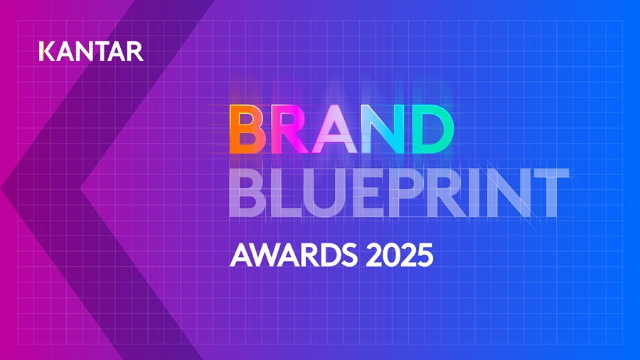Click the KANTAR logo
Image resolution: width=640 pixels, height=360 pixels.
(x=92, y=51)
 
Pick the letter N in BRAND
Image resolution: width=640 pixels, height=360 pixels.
(x=383, y=130)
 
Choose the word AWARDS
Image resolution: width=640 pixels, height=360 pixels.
(x=286, y=255)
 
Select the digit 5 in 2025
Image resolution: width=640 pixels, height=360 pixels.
(x=425, y=255)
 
